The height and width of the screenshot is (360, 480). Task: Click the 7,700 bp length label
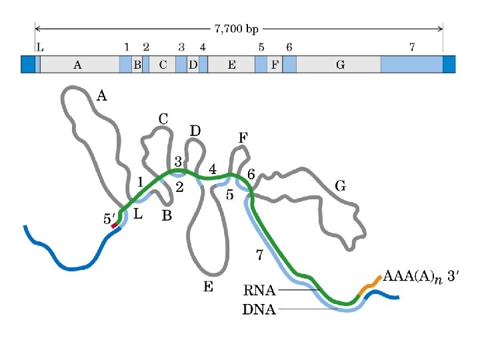(x=236, y=29)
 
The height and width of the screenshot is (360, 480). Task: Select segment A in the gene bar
(x=77, y=65)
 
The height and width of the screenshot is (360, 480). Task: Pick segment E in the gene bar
(x=231, y=65)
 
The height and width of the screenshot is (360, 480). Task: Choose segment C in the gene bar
(x=163, y=65)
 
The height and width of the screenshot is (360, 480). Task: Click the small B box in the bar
(x=137, y=65)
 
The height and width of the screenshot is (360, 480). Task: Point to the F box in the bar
(x=275, y=65)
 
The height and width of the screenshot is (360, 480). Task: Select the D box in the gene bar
(x=193, y=65)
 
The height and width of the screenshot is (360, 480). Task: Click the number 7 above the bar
(x=413, y=47)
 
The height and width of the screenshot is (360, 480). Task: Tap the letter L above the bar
(x=41, y=47)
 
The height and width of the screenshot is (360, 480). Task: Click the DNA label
(x=259, y=309)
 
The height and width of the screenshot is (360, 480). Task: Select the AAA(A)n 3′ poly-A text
(x=421, y=277)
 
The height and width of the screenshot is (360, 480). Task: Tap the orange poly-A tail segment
(x=369, y=284)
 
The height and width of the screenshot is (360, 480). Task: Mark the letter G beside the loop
(x=340, y=186)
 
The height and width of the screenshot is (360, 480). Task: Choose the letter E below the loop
(x=208, y=287)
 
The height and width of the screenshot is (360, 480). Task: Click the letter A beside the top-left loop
(x=101, y=96)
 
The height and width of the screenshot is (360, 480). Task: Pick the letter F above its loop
(x=243, y=137)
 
